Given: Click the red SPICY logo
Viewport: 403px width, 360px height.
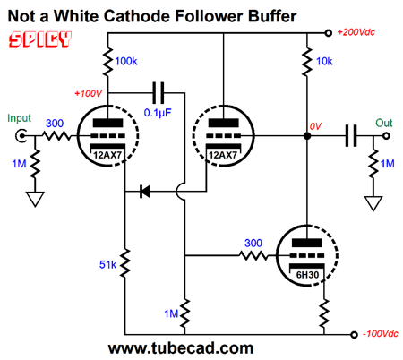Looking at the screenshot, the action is (40, 39).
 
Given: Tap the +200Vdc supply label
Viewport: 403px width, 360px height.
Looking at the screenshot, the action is (356, 32).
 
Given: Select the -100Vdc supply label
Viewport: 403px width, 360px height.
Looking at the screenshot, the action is (381, 333).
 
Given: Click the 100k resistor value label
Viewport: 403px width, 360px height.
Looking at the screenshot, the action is (126, 61).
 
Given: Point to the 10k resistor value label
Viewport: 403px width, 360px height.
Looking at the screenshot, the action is (324, 61).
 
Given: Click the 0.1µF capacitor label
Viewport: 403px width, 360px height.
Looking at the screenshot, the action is (158, 113).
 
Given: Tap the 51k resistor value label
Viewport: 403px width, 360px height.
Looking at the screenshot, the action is (107, 264).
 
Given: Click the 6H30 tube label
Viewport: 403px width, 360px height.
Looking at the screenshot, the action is (307, 275).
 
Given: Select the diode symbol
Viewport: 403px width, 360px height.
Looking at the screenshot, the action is (145, 191).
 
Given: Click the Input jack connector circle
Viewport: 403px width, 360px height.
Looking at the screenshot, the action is (21, 136).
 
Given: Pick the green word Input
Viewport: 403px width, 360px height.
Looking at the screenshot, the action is (19, 118).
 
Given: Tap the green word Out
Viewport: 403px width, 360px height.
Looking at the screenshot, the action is (384, 123).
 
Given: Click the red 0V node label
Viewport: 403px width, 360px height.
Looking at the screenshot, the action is (315, 126).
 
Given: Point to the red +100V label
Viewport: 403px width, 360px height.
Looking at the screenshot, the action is (89, 93).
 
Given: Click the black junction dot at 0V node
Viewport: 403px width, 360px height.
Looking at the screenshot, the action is (307, 136).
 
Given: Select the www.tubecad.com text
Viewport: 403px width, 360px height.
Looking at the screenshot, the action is (181, 348).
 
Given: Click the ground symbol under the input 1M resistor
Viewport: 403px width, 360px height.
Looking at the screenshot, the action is (35, 199).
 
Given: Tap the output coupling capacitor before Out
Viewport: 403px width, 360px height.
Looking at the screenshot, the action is (351, 136).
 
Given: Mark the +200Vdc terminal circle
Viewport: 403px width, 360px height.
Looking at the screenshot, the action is (328, 33).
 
